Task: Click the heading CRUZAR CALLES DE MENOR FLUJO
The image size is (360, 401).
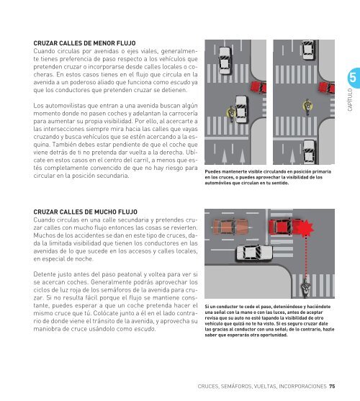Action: coord(85,43)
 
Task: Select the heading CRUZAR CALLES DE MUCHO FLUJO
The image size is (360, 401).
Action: coord(86,212)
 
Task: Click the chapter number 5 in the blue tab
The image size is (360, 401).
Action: coord(353,78)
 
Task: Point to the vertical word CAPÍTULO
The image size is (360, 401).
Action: coord(350,100)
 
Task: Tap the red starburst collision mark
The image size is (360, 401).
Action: coord(305,228)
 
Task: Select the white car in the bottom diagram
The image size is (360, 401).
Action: coord(254,253)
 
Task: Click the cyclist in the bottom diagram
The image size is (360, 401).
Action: coord(305,288)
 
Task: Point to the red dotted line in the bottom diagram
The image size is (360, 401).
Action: coord(305,258)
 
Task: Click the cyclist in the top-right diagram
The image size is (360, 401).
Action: coord(307,107)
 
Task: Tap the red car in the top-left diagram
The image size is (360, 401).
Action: coord(258,87)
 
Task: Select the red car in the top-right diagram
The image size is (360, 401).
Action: coord(327,87)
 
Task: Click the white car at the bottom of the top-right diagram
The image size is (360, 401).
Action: coord(309,152)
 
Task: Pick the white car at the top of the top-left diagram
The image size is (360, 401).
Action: coord(225,60)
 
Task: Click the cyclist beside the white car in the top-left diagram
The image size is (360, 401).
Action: coord(231,114)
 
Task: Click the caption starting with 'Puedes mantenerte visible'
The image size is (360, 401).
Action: coord(268,177)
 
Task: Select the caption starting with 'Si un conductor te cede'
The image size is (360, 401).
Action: coord(269,320)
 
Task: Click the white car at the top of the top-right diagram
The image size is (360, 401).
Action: coord(309,50)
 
